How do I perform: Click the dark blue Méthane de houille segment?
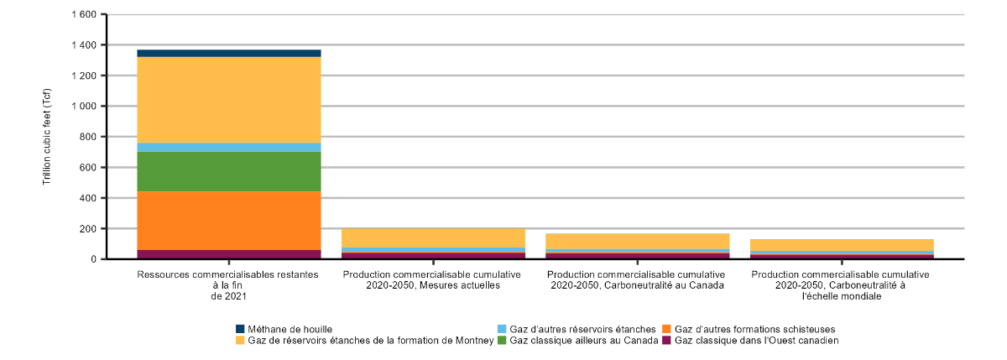coord(229,53)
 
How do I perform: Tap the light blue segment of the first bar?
coord(229,147)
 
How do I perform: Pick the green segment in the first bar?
coord(229,171)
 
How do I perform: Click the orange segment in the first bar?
coord(229,220)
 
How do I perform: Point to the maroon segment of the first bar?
coord(229,254)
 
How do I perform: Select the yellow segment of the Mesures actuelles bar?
coord(433,237)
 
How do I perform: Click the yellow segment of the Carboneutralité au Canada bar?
coord(637,241)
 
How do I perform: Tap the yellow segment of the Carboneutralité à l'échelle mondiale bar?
coord(842,245)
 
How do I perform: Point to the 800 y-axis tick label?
coord(87,137)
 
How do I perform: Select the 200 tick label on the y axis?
coord(87,228)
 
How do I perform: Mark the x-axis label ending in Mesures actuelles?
coord(433,279)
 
